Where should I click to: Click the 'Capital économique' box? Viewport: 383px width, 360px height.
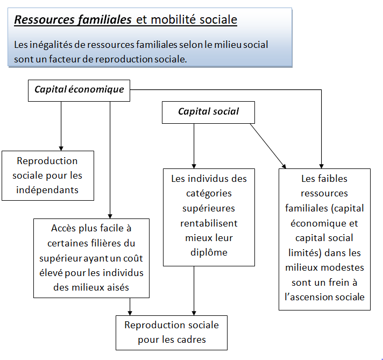79,90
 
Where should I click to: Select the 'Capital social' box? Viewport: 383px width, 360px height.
208,112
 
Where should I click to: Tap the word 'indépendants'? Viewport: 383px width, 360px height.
47,190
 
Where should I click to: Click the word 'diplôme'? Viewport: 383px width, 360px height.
209,252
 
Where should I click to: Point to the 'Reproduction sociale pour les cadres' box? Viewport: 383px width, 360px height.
172,333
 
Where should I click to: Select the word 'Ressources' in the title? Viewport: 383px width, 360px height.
44,19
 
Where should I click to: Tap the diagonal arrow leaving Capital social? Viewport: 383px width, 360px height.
268,146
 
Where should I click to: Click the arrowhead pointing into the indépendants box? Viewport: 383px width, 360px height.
61,149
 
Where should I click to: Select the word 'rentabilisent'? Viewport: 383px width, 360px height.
209,223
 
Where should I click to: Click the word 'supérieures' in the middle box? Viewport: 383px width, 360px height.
209,208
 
